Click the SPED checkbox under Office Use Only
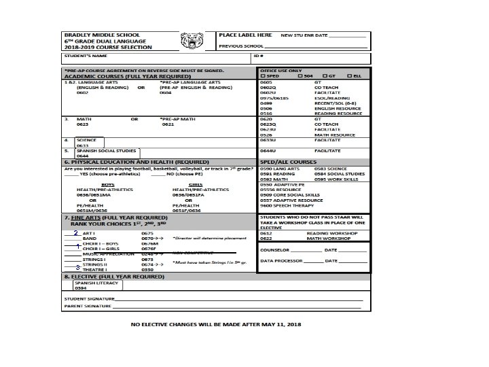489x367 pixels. (x=263, y=75)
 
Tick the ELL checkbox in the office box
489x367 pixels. (x=350, y=75)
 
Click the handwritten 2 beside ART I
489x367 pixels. (x=76, y=232)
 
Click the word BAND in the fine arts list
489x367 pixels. (x=89, y=239)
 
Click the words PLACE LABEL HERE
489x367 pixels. (x=245, y=34)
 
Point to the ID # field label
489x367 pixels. (x=259, y=55)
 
